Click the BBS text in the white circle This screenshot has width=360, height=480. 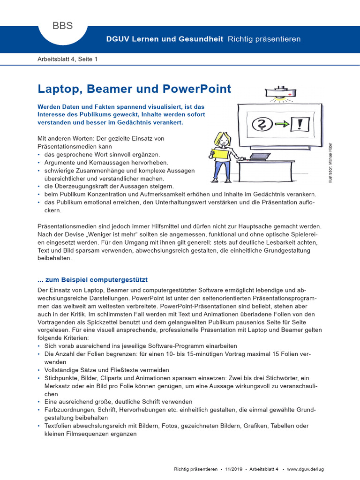(x=62, y=26)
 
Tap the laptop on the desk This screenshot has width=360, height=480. (x=257, y=156)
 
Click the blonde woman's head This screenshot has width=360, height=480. (x=220, y=139)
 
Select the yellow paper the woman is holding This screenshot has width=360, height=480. (x=220, y=155)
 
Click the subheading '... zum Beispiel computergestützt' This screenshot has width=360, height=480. (x=92, y=280)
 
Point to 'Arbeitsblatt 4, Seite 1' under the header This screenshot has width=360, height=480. (x=67, y=59)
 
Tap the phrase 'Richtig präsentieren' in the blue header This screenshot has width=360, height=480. (x=264, y=39)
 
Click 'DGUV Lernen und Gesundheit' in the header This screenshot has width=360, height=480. (x=165, y=39)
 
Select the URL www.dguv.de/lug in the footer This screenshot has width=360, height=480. (x=305, y=468)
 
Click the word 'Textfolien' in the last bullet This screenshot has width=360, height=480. (x=59, y=426)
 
